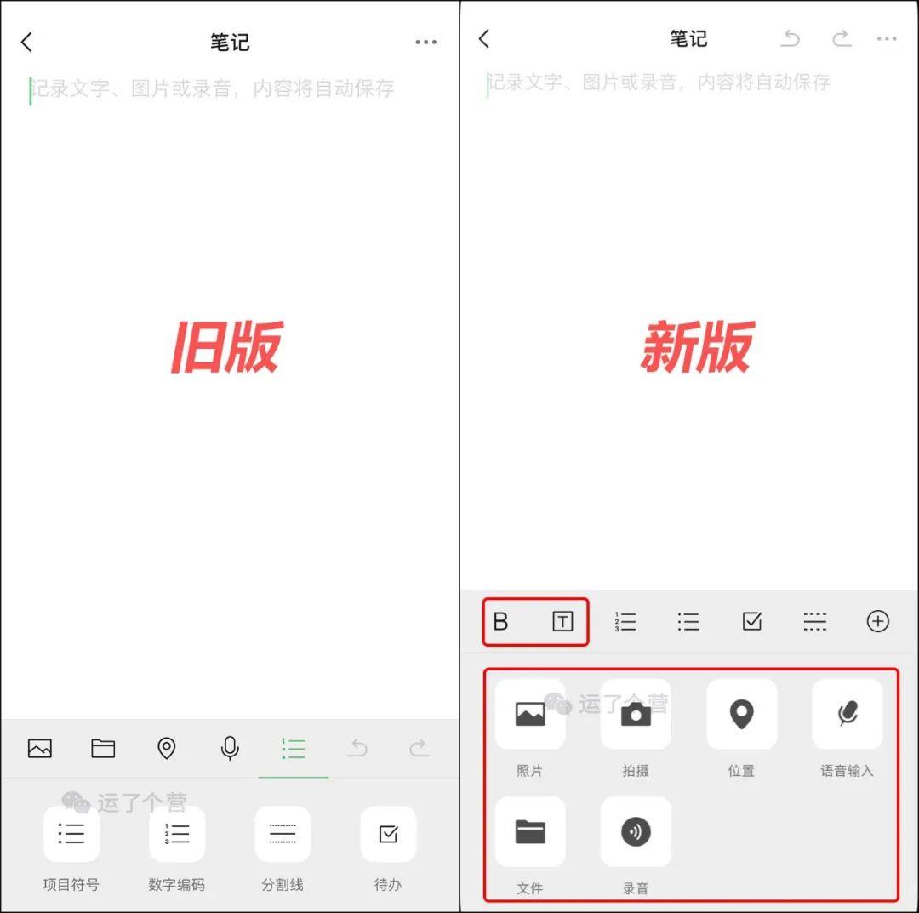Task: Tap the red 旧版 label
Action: tap(227, 347)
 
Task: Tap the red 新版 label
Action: tap(698, 347)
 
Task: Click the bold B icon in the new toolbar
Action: tap(500, 621)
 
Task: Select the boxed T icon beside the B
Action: tap(562, 621)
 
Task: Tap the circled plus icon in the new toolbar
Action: tap(877, 621)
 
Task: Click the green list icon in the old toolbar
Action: tap(294, 748)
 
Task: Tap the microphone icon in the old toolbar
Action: tap(230, 748)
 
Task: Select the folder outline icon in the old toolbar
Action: tap(103, 748)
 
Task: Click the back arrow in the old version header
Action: tap(26, 43)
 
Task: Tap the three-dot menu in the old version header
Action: tap(426, 43)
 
